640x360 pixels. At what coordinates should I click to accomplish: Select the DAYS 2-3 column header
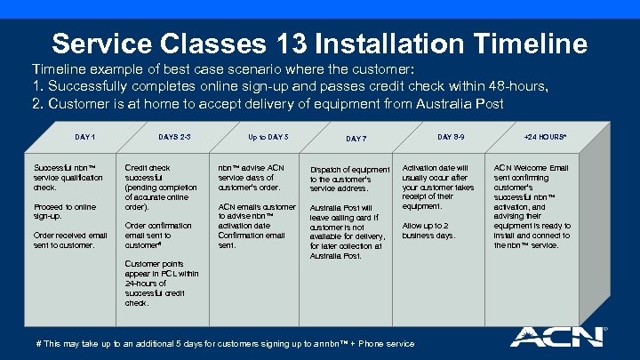click(174, 137)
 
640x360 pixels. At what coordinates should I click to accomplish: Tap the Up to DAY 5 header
click(268, 137)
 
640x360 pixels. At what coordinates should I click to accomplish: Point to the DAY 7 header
click(356, 139)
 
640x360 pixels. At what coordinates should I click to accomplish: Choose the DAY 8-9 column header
click(450, 137)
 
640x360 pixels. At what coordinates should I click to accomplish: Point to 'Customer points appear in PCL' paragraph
click(162, 283)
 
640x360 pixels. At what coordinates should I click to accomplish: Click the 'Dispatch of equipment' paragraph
click(349, 179)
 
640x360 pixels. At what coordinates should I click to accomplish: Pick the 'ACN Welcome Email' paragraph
click(532, 206)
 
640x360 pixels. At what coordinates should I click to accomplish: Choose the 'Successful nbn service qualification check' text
click(64, 178)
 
